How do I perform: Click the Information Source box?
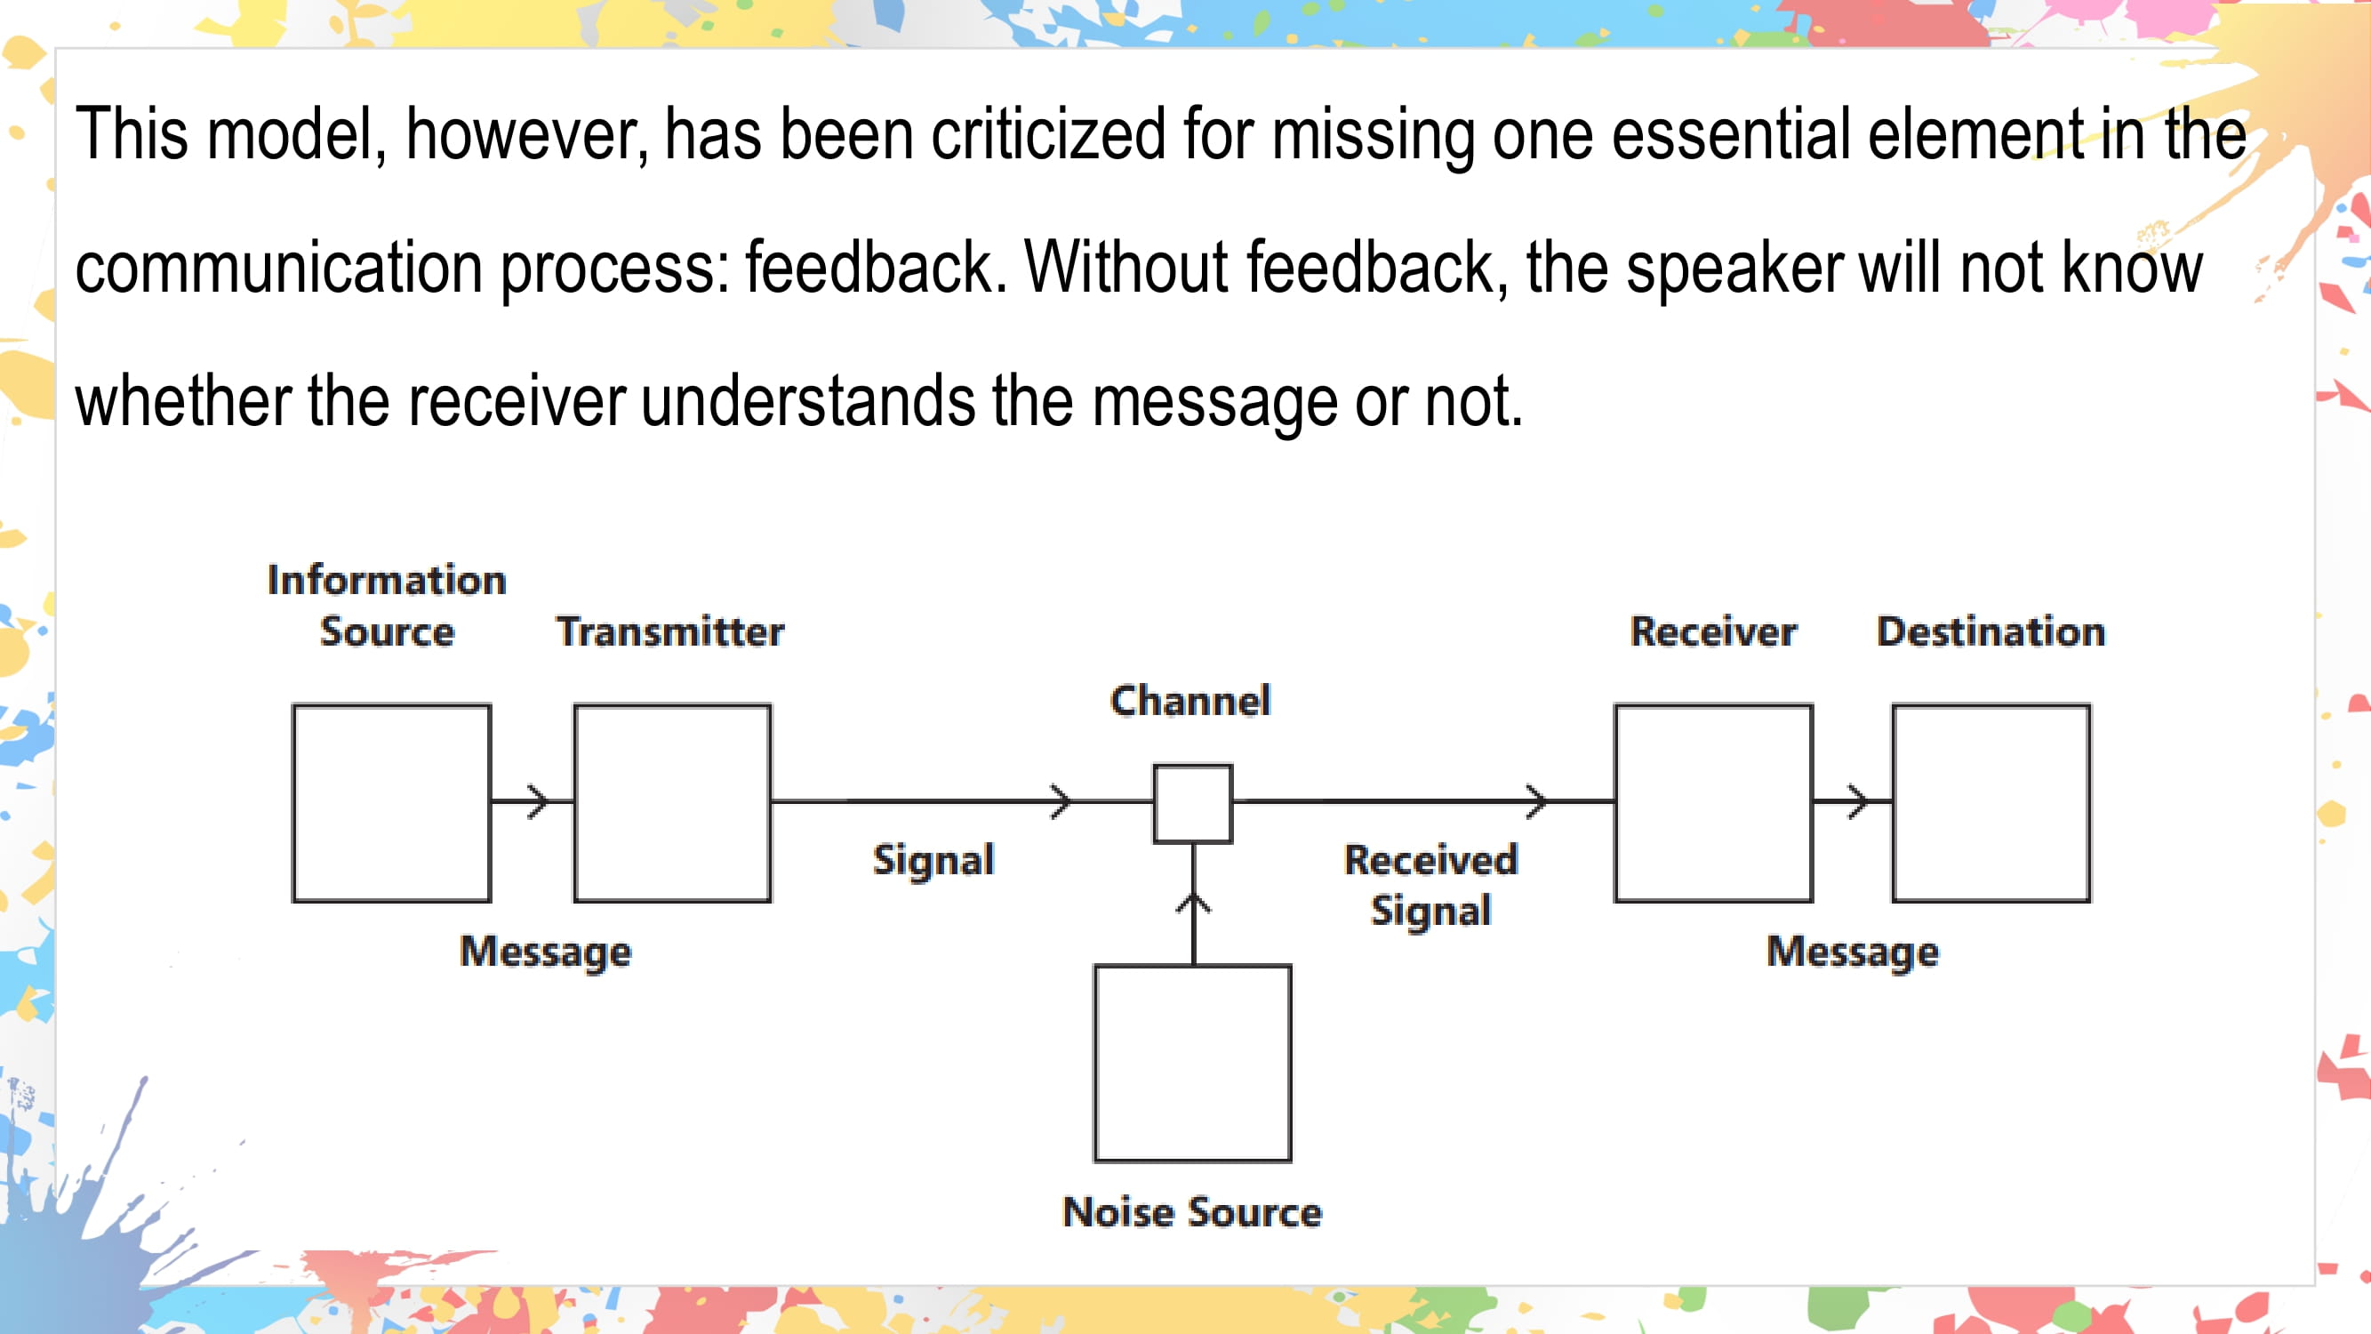coord(391,803)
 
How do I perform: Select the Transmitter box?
coord(672,803)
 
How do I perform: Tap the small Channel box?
coord(1193,804)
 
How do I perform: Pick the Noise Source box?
coord(1193,1064)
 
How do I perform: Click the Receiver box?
coord(1713,803)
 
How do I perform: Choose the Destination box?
coord(1991,803)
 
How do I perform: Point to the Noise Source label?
coord(1192,1211)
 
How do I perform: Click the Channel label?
coord(1190,701)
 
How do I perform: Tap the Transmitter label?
coord(670,631)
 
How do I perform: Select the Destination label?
coord(1991,631)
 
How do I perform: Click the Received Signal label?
coord(1430,885)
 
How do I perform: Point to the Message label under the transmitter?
coord(546,952)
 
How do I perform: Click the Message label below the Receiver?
coord(1852,952)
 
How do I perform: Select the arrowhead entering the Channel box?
coord(1062,802)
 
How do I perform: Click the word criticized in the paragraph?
coord(1048,134)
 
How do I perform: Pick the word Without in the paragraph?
coord(1125,268)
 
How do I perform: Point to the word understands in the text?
coord(807,401)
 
